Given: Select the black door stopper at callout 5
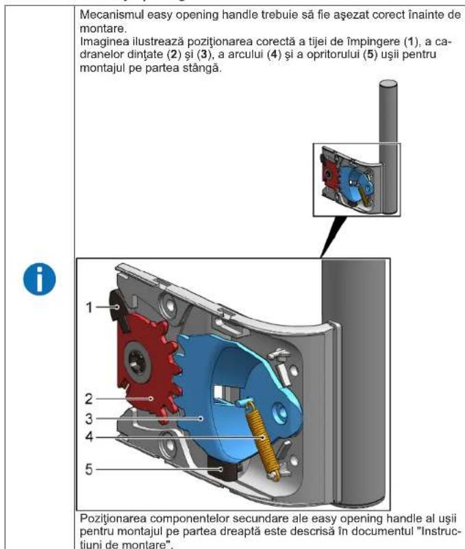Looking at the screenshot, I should pos(224,472).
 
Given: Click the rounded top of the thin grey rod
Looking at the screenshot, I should pos(388,85).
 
